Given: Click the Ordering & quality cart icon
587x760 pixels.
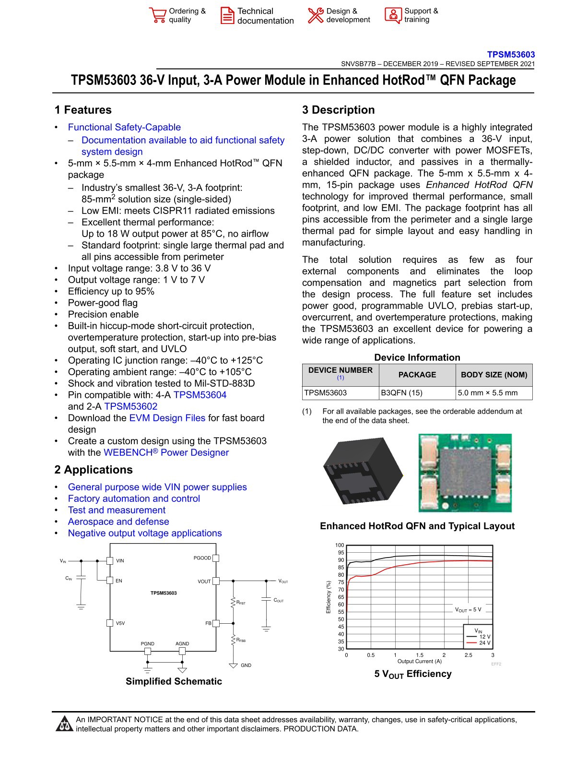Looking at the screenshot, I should [157, 15].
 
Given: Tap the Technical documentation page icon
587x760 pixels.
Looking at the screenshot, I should [227, 15].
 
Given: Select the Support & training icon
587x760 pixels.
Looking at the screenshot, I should [393, 15].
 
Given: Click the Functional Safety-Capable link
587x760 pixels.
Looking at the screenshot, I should [124, 127].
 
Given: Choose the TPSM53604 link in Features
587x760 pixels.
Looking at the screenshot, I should [200, 395].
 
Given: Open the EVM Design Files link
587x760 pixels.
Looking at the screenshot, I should [167, 418].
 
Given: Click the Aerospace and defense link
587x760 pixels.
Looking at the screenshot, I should [118, 522].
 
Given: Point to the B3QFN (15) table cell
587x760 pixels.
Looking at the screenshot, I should [402, 392].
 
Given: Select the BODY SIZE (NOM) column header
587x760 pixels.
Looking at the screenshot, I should [494, 375].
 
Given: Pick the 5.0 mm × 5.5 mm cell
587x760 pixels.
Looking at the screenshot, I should [488, 392].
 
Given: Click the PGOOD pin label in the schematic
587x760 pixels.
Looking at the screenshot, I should [202, 558].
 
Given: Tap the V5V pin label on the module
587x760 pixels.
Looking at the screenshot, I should [120, 623].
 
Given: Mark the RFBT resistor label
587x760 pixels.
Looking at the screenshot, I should [241, 602].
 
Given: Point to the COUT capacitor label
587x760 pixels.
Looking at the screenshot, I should [279, 600].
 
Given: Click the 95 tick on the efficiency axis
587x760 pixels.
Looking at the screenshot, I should [340, 553].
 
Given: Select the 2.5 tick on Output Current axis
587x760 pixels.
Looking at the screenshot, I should [468, 655].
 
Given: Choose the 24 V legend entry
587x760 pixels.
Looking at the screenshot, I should [484, 643].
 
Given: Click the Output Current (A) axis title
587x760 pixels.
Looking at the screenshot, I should [419, 661].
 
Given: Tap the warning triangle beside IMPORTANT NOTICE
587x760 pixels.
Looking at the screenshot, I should [64, 724].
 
